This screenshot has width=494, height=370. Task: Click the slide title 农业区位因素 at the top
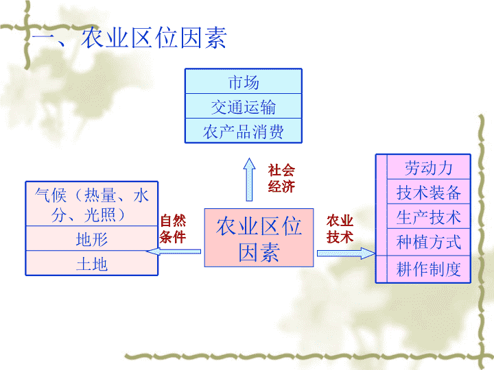[129, 38]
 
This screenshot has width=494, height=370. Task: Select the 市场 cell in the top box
[243, 82]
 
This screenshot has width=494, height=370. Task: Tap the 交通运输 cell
[243, 106]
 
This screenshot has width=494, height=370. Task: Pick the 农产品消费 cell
[243, 131]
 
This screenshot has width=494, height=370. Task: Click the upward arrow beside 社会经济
[249, 180]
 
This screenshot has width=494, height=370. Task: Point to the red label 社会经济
[281, 178]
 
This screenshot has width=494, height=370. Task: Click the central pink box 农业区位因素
[259, 238]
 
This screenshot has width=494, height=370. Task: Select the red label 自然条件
[173, 229]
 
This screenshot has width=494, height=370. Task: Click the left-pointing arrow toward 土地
[174, 251]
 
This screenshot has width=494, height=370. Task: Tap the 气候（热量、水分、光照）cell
[92, 204]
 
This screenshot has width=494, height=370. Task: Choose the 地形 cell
[92, 238]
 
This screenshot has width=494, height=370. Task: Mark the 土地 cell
[92, 263]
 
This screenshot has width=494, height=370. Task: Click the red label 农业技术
[340, 229]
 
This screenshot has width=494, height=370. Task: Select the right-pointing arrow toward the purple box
[346, 254]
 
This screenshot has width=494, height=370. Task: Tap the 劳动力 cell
[428, 167]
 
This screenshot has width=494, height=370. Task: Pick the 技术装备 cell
[428, 192]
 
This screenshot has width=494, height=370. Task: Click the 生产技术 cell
[428, 217]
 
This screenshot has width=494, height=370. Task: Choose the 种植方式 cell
[428, 242]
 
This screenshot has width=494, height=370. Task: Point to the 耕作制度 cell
[428, 269]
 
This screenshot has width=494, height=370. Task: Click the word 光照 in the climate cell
[100, 215]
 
